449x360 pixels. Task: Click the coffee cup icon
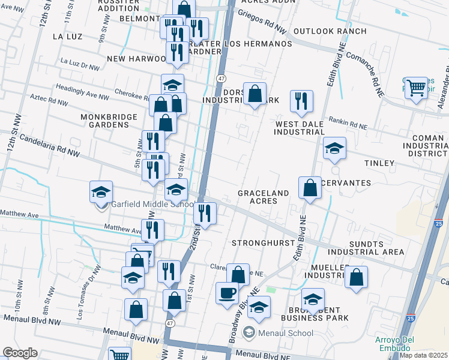pos(228,293)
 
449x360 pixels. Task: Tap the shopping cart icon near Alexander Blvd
pos(416,88)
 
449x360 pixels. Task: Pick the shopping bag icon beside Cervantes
pos(310,187)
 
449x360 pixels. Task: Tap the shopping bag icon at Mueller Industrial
pos(357,277)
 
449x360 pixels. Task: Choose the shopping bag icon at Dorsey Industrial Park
pos(255,93)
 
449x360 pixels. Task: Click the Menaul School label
pos(286,333)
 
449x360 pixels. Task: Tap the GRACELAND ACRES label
pos(263,197)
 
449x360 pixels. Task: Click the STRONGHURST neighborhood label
pos(263,243)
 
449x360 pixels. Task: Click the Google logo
pos(20,353)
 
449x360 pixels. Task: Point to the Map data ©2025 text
pos(423,355)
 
